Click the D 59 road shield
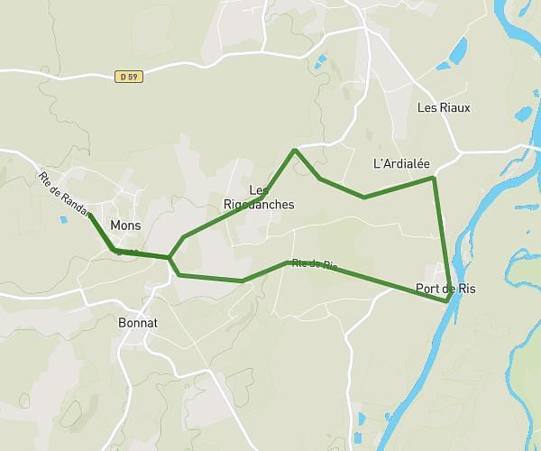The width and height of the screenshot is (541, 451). click(x=130, y=77)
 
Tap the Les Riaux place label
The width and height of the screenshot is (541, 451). click(x=444, y=107)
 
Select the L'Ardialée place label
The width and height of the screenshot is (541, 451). click(x=401, y=164)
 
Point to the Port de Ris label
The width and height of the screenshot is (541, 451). click(x=445, y=289)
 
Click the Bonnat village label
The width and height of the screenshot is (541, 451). click(x=138, y=321)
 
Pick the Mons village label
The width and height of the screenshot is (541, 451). click(x=125, y=225)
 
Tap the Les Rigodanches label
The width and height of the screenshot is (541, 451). click(x=259, y=198)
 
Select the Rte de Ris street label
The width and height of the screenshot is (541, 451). click(x=314, y=264)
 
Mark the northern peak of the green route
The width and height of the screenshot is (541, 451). click(x=295, y=151)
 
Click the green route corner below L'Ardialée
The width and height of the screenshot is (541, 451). click(x=434, y=179)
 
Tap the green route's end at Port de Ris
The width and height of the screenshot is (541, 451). click(x=448, y=299)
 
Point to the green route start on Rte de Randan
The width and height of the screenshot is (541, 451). click(x=90, y=215)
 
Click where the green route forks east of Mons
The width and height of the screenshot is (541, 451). click(x=170, y=258)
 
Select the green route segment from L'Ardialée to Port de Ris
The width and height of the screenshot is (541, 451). click(x=441, y=239)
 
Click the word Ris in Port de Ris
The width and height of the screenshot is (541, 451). click(x=465, y=289)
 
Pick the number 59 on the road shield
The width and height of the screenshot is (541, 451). click(x=135, y=77)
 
